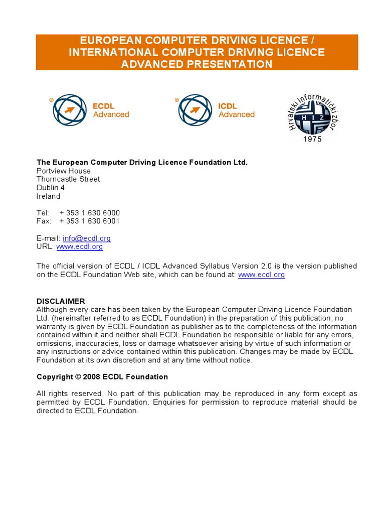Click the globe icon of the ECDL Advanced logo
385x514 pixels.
point(70,110)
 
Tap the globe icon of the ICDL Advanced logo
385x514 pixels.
point(195,110)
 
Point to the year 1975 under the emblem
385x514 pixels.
point(312,139)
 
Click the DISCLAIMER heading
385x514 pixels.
point(61,301)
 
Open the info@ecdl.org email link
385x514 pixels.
point(87,238)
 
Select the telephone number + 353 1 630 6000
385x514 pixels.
point(90,213)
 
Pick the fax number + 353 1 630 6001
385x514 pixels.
point(90,221)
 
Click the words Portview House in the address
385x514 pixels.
point(64,171)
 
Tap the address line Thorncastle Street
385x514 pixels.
point(68,179)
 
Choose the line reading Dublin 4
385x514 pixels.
point(51,188)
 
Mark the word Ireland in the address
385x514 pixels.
point(48,196)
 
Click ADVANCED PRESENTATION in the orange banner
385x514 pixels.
point(197,64)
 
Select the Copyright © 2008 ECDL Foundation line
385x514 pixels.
point(102,376)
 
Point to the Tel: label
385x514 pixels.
point(43,213)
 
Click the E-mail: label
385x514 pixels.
point(48,238)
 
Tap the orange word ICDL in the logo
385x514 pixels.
point(228,106)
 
